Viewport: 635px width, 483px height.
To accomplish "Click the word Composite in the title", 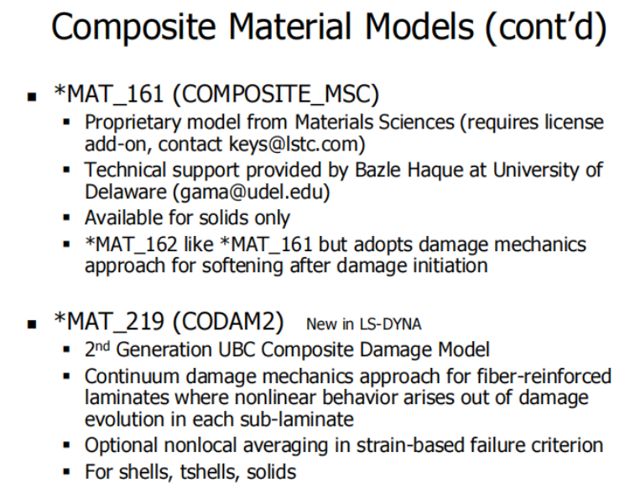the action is [x=133, y=27].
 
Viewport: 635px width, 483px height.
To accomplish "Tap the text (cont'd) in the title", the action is [x=546, y=28].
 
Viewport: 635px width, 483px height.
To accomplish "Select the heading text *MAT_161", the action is [x=108, y=94].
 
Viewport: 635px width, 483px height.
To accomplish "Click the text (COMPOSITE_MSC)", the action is [x=276, y=95].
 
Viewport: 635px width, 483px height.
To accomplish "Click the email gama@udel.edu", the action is [x=251, y=192].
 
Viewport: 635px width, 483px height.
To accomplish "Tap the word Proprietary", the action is [x=133, y=123].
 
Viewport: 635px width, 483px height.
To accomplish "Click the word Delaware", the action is [x=126, y=192].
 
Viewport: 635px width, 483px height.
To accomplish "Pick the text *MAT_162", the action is [x=131, y=245].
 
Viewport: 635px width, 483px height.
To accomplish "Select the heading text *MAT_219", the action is [x=109, y=322].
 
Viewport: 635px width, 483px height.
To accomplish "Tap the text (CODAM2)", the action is [x=228, y=322].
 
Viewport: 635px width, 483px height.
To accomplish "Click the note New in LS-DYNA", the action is [x=364, y=324].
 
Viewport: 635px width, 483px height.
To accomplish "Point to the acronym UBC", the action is [x=236, y=349].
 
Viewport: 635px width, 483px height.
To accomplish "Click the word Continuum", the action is [x=132, y=376].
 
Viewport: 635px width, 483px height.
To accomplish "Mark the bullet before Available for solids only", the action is [x=67, y=218].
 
